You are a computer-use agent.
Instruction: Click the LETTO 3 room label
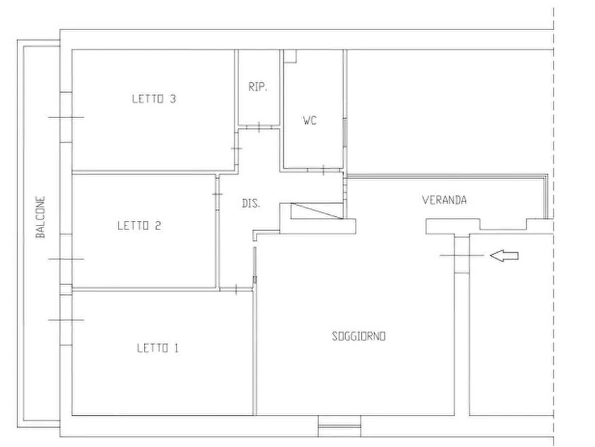tap(154, 99)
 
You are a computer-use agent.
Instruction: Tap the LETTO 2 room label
tap(139, 226)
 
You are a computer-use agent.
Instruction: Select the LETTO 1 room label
tap(157, 348)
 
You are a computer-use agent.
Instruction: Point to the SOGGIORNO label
tap(358, 336)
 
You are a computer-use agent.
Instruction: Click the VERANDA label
tap(444, 200)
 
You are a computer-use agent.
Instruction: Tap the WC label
tap(310, 121)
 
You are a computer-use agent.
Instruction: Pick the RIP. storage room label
tap(258, 87)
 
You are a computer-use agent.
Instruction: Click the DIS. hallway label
tap(251, 203)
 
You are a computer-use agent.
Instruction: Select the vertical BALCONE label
tap(40, 217)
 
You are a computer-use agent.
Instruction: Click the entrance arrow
tap(504, 256)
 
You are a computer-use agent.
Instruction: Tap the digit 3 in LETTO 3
tap(173, 99)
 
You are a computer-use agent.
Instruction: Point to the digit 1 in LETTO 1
tap(176, 348)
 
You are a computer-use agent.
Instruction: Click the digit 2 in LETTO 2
tap(158, 226)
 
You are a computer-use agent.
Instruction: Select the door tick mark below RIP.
tap(259, 127)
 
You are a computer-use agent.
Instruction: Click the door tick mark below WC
tap(323, 170)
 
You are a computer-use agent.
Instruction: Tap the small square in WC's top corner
tap(291, 56)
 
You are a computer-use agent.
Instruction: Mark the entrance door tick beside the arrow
tap(462, 256)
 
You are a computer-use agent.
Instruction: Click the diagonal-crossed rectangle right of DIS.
tap(317, 211)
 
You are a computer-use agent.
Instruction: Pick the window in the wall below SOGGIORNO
tap(339, 426)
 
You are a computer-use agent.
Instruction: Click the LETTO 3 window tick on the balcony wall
tap(66, 117)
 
